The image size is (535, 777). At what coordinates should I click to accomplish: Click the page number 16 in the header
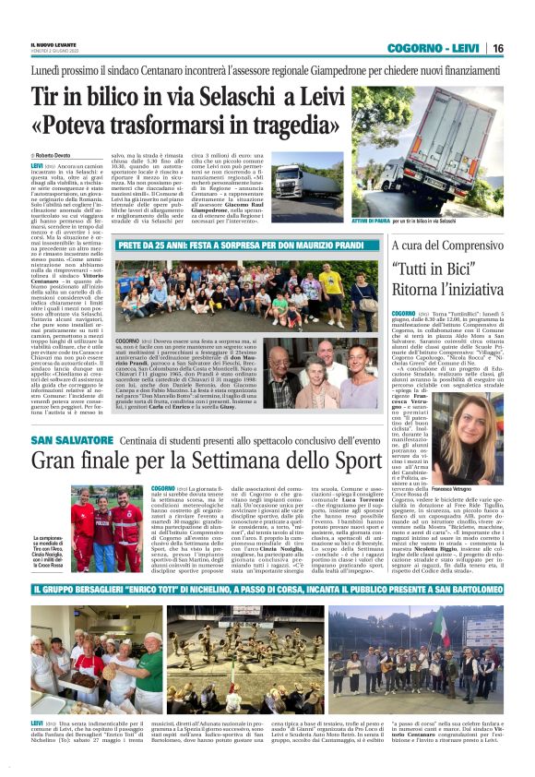[x=497, y=48]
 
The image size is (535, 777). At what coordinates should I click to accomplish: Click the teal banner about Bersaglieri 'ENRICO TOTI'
[x=267, y=588]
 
